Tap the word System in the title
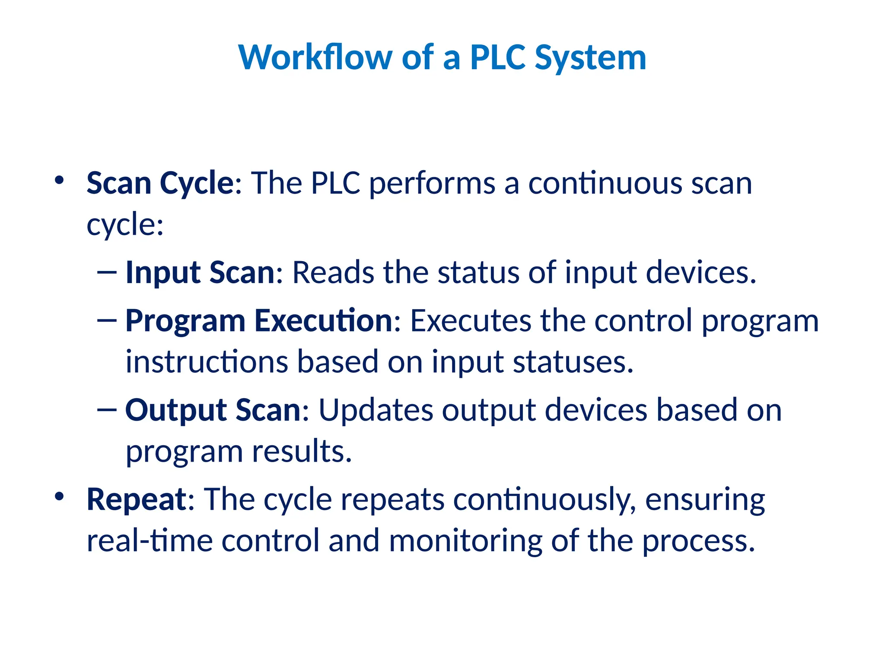pos(590,58)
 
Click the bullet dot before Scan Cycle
pos(59,180)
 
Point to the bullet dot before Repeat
pos(59,496)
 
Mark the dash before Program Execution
pos(107,320)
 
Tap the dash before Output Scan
pos(107,409)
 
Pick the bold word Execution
pos(323,321)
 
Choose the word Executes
pos(471,321)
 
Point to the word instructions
pos(207,362)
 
